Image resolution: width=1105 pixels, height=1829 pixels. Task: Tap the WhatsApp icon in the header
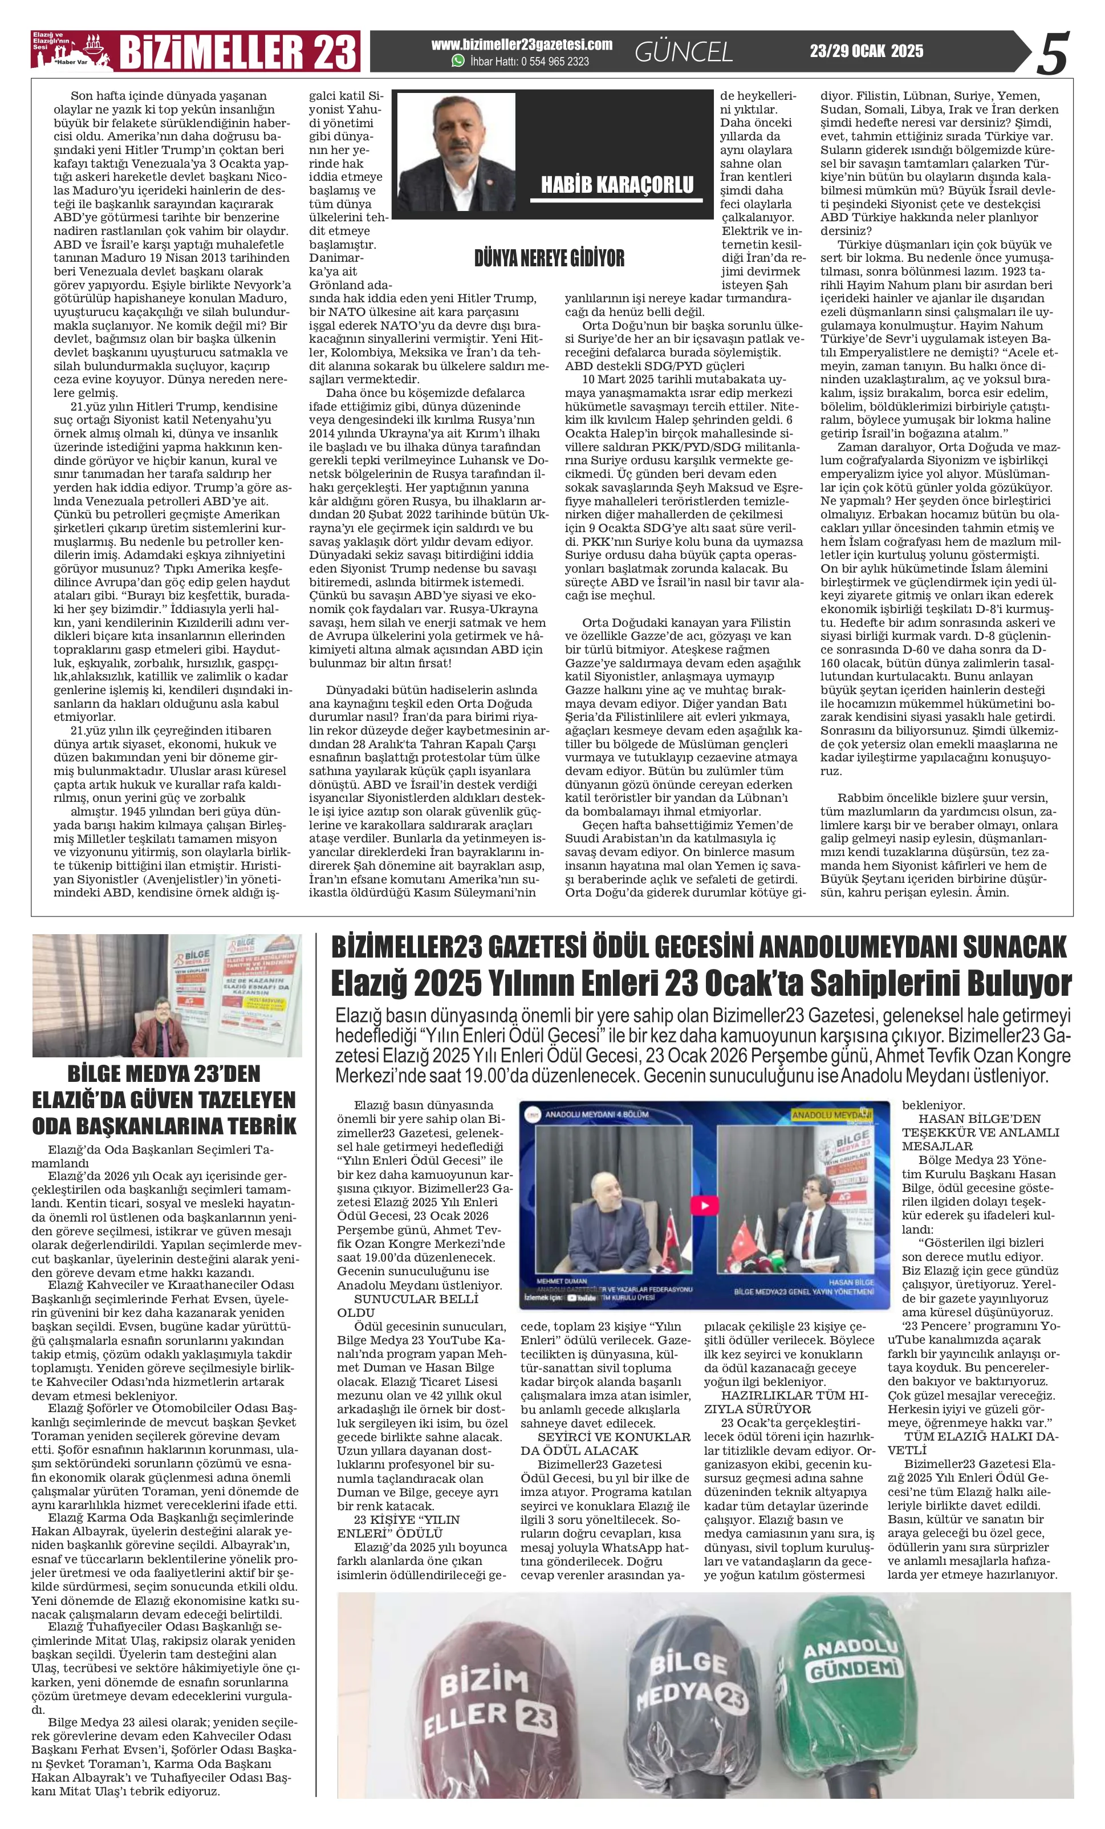coord(458,62)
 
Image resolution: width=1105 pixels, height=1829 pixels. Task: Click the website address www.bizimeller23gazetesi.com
coord(522,44)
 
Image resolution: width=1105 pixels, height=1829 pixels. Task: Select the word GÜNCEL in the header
coord(684,52)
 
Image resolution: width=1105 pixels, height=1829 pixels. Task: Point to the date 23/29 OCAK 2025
coord(866,51)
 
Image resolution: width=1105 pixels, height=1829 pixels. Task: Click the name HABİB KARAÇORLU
coord(617,185)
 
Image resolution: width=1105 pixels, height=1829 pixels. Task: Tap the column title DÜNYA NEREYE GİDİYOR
coord(549,258)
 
